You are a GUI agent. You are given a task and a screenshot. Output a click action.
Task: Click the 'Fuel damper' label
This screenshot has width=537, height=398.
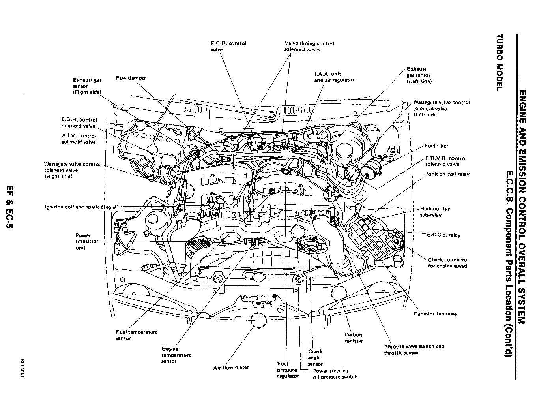(131, 78)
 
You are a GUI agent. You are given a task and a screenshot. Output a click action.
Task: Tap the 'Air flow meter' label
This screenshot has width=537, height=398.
(231, 368)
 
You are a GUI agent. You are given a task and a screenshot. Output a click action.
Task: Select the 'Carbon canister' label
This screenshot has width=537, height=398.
(354, 338)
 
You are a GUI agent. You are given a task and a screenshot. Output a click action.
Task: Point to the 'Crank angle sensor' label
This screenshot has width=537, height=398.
(315, 357)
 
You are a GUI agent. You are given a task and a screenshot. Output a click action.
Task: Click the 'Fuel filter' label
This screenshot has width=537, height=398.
(436, 146)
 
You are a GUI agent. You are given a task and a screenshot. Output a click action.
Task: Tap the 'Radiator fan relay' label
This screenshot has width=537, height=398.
(436, 314)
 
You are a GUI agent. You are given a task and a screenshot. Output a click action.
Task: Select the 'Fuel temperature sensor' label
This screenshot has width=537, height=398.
(137, 335)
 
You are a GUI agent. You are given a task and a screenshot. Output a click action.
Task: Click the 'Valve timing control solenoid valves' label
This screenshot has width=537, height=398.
(309, 47)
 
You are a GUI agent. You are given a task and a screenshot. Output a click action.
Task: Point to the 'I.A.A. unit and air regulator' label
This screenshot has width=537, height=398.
(334, 77)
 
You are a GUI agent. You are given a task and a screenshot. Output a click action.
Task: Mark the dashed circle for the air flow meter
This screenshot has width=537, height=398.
(258, 320)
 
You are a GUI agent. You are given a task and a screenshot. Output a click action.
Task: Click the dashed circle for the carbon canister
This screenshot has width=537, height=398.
(339, 294)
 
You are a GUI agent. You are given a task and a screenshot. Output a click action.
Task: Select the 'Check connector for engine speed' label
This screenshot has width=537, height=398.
(448, 263)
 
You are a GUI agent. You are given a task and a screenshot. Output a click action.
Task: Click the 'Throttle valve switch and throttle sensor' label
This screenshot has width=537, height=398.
(414, 349)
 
